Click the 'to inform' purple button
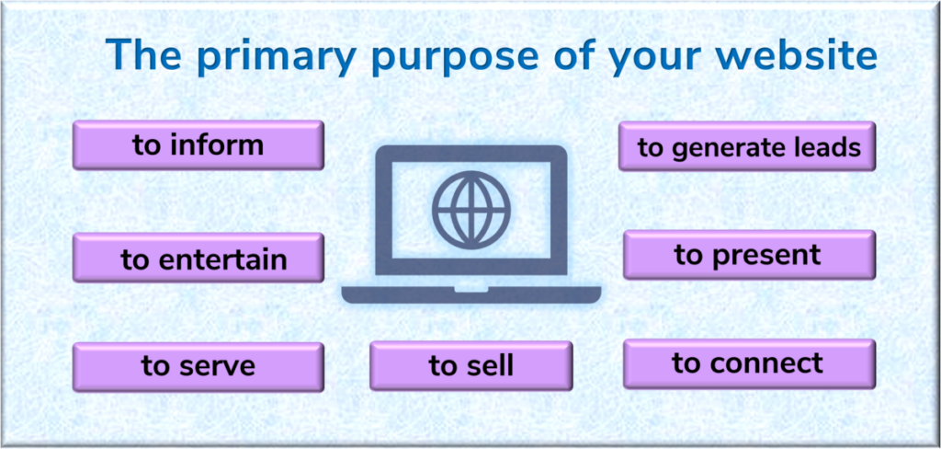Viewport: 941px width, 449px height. coord(198,144)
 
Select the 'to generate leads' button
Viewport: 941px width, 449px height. coord(747,146)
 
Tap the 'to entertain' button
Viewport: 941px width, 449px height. coord(198,258)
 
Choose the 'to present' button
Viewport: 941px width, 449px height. coord(750,255)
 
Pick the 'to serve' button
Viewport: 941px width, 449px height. coord(198,367)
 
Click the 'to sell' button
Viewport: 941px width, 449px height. coord(471,365)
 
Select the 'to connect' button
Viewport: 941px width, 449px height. coord(750,363)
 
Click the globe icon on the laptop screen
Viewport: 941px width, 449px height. coord(471,207)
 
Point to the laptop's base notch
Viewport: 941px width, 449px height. coord(471,289)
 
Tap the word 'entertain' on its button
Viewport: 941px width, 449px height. coord(222,259)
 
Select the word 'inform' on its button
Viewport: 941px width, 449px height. coord(217,145)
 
